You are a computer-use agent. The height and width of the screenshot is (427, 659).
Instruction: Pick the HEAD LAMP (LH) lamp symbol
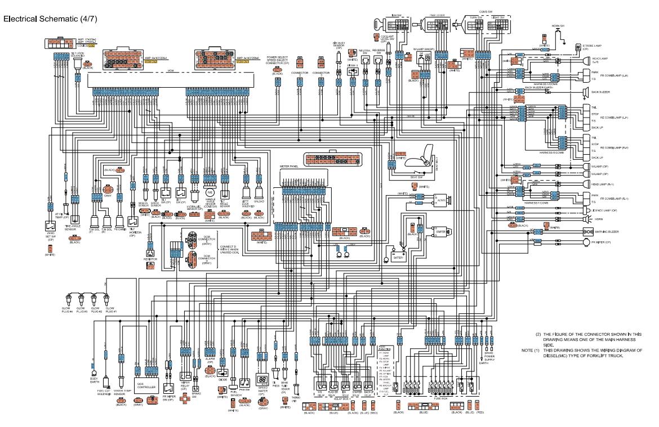point(586,60)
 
